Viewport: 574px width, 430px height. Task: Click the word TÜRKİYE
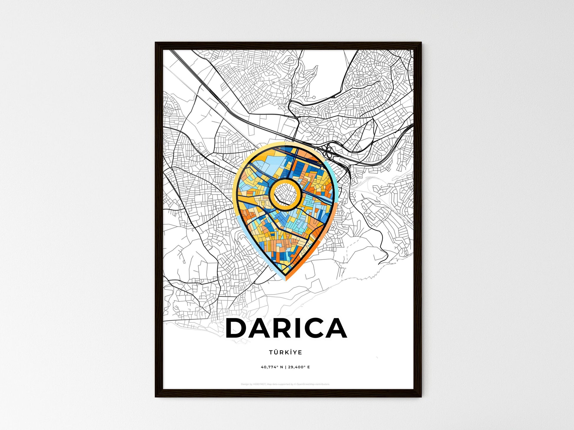[285, 352]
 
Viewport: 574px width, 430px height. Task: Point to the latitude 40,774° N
[272, 367]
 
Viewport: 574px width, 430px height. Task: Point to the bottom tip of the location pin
[286, 279]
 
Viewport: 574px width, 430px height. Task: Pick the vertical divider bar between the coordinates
[285, 367]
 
